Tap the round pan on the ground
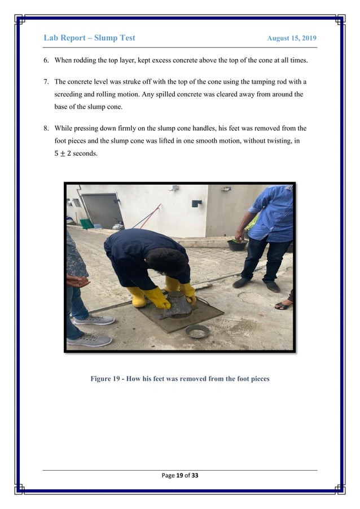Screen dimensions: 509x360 point(197,331)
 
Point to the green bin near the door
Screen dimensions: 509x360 point(86,223)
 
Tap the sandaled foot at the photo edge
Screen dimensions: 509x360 point(284,305)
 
